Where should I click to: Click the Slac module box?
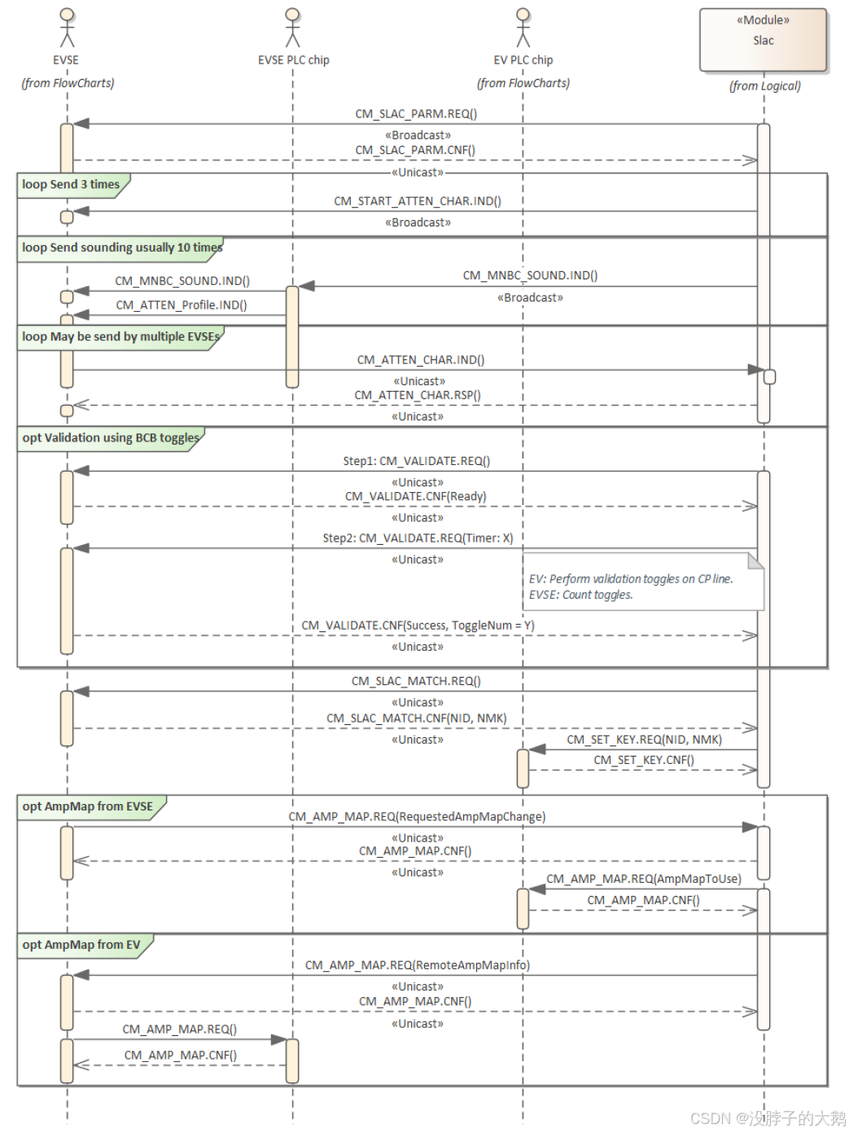763,40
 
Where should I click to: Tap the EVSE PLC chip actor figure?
293,28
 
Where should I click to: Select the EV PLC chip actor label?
523,60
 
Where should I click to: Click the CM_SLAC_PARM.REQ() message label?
416,114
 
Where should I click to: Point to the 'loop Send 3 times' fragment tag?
72,185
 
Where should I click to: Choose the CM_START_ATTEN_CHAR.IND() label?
418,201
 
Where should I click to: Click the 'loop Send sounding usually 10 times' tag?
121,248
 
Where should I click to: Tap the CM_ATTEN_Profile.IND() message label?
181,305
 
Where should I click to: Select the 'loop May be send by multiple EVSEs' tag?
120,336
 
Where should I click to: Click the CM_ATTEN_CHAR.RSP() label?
418,396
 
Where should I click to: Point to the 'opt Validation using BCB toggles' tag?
111,438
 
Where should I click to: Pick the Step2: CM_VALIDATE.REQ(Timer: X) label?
418,538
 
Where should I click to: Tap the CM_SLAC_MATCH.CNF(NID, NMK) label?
417,718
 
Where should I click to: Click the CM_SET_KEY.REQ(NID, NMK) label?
644,740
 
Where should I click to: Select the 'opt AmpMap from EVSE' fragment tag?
88,806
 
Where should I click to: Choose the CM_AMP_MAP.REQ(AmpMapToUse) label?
644,879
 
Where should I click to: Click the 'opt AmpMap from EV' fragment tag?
81,945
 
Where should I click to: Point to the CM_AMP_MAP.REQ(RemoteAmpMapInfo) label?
418,965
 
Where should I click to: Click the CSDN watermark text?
768,1118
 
